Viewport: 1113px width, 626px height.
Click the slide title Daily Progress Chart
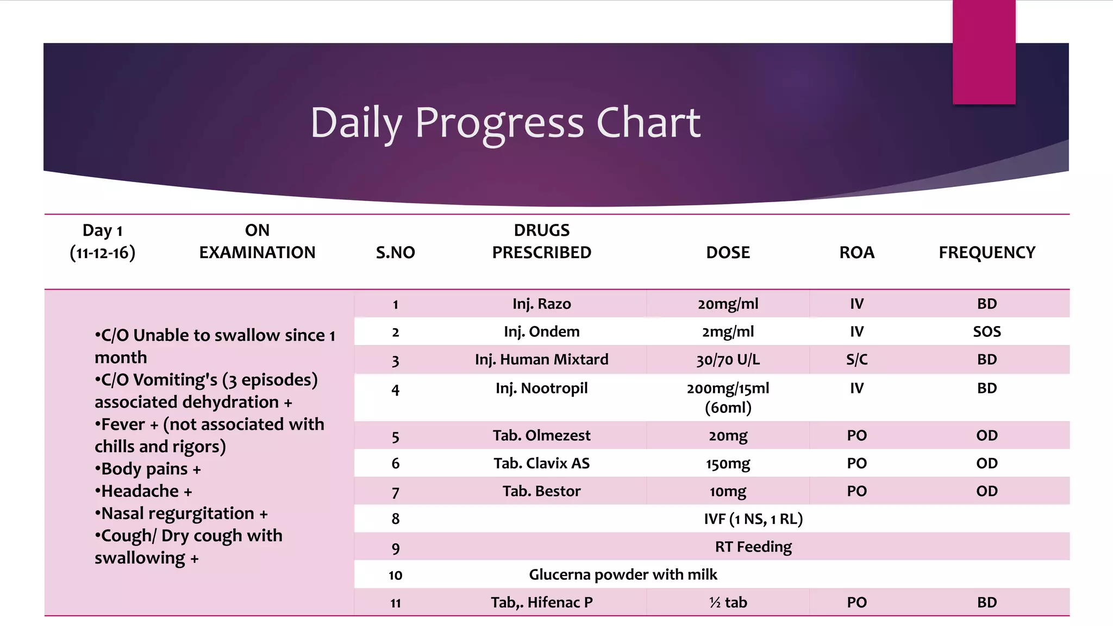click(505, 123)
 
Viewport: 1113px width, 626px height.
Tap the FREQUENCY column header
click(987, 252)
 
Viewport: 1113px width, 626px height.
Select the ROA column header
click(856, 252)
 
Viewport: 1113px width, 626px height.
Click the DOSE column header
click(728, 252)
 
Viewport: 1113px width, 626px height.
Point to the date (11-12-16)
click(103, 253)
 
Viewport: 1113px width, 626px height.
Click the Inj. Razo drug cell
click(541, 304)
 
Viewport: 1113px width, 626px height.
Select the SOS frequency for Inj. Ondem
click(987, 331)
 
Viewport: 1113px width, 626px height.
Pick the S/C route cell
click(856, 359)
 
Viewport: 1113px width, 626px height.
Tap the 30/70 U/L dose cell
click(728, 359)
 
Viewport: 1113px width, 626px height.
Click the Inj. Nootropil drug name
click(541, 388)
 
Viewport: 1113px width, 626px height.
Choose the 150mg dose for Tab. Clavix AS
click(728, 464)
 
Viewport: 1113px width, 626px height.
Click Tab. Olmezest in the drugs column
click(541, 435)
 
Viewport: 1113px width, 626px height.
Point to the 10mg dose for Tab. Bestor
click(728, 491)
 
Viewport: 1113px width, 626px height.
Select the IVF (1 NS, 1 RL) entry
click(753, 519)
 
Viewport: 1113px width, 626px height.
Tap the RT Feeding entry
click(753, 547)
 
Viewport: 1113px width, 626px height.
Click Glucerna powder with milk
click(623, 574)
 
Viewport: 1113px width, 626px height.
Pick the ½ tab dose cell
click(728, 602)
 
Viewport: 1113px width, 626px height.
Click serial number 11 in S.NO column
click(395, 603)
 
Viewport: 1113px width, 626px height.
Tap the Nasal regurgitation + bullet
click(181, 514)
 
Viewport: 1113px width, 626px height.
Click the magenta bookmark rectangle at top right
click(984, 52)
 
